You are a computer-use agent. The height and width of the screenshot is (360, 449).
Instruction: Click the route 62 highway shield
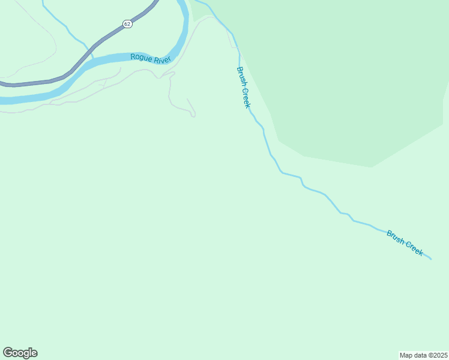point(127,23)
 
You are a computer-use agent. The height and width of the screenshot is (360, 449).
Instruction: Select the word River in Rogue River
point(161,59)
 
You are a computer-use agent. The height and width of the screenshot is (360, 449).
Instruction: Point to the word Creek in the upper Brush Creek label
point(246,98)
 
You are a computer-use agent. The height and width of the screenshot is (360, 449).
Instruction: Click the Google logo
point(20,353)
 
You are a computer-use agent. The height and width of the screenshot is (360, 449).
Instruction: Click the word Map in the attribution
point(406,355)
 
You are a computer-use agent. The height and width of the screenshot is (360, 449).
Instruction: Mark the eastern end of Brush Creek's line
point(430,259)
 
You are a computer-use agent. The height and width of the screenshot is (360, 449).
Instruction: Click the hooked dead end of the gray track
point(193,116)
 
